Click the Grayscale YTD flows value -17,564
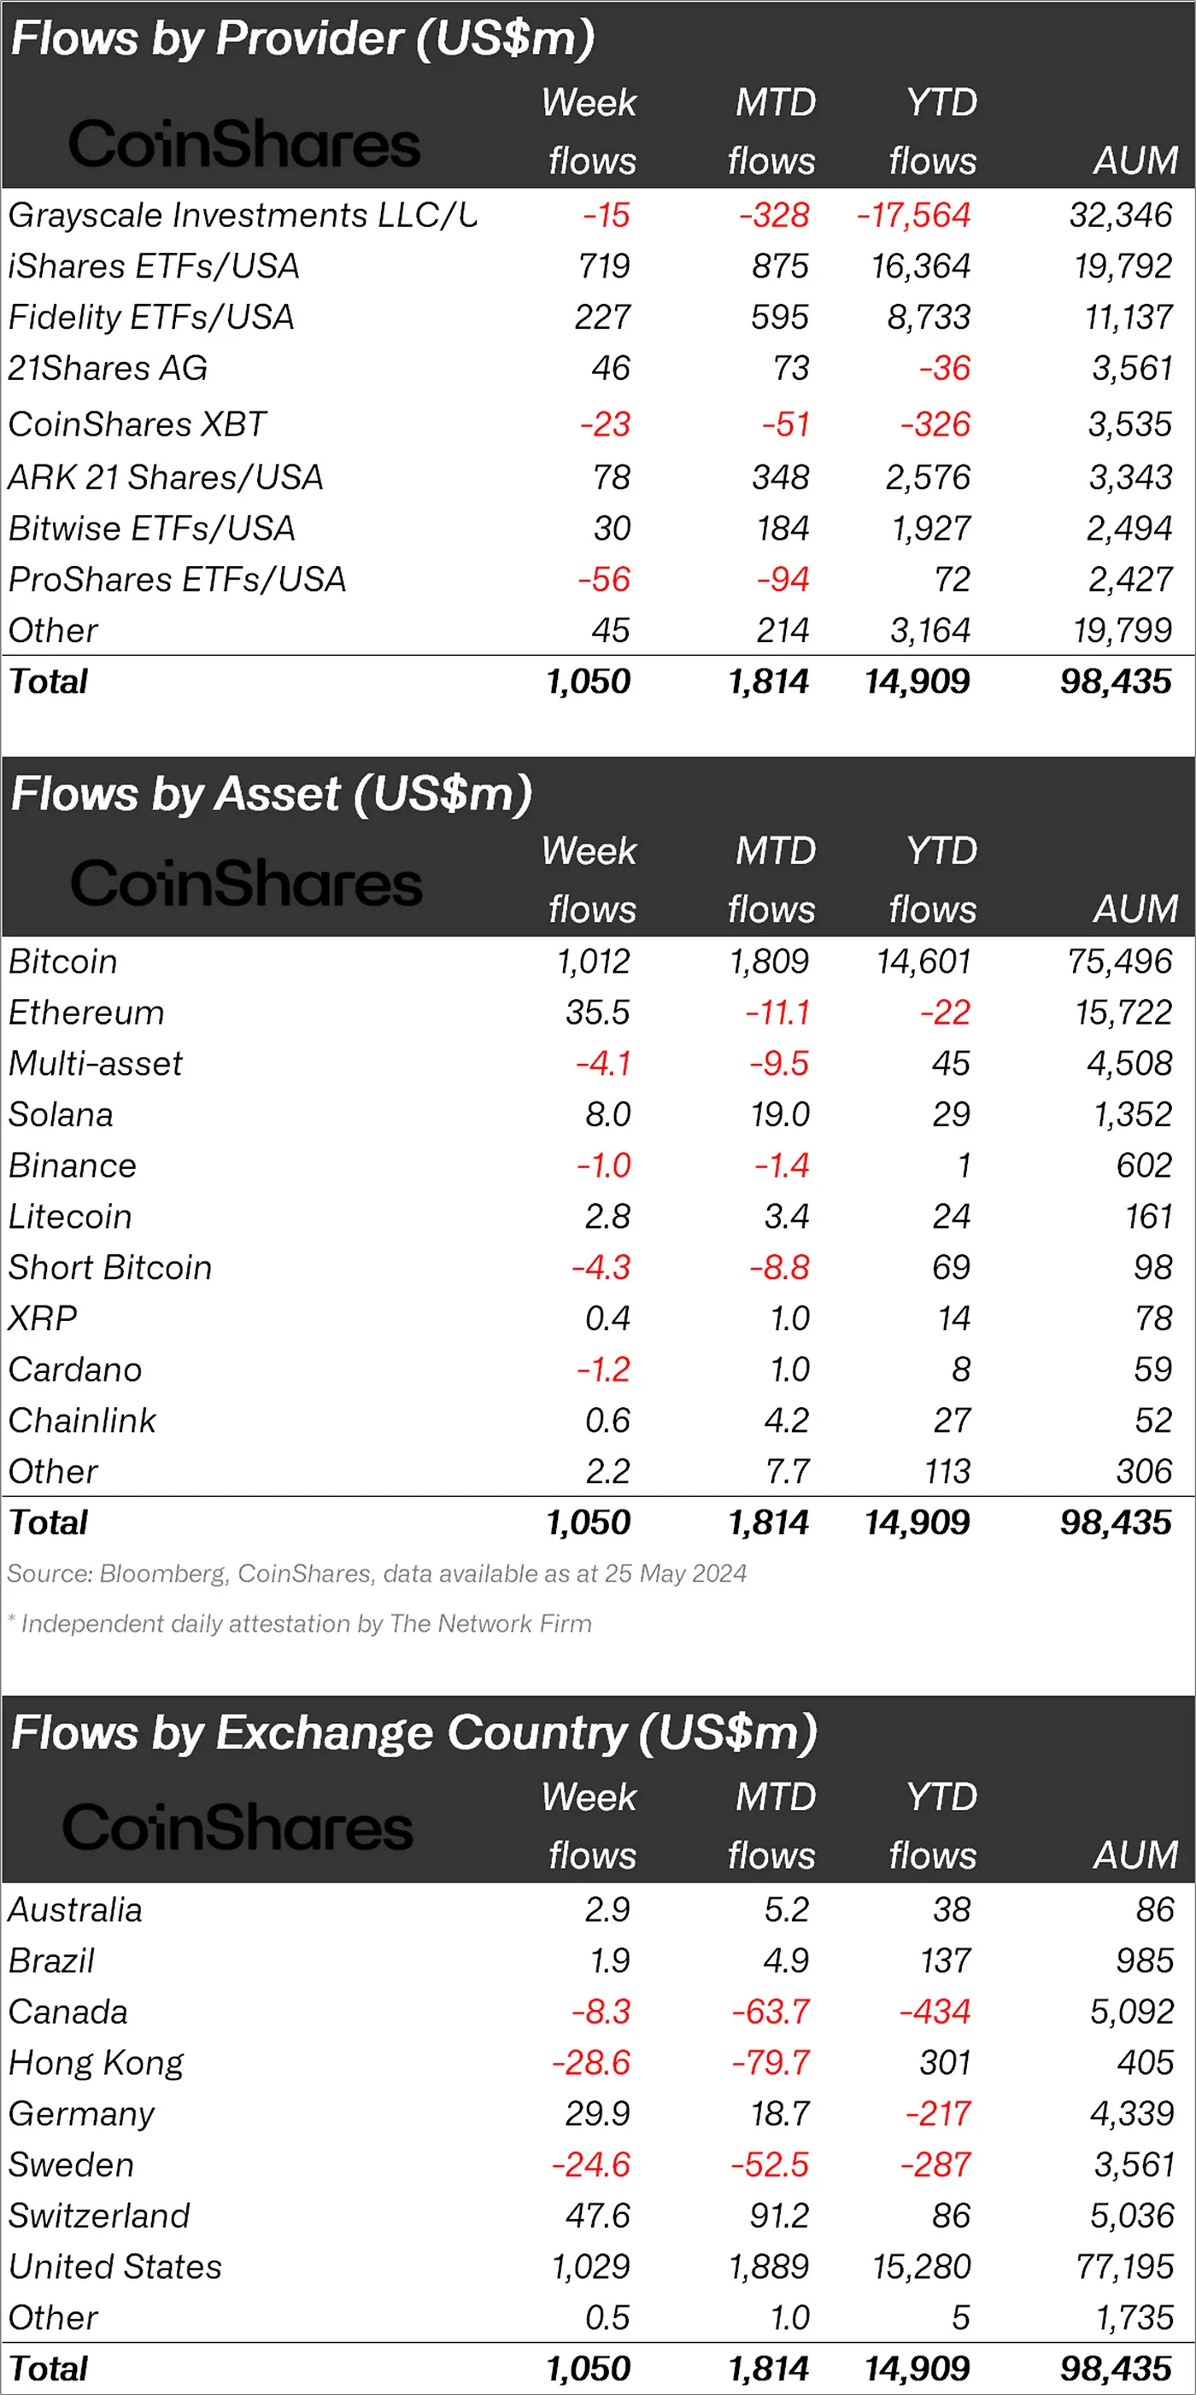coord(913,216)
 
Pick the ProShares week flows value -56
coord(604,580)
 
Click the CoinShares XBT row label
coord(138,425)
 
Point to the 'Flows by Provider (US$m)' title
coord(302,39)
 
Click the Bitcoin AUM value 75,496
coord(1120,961)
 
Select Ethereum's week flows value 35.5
coord(597,1013)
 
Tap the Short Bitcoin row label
coord(109,1268)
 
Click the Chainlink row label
coord(83,1421)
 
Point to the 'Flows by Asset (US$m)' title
coord(271,795)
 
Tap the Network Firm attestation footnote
coord(300,1624)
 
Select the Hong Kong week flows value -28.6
coord(590,2063)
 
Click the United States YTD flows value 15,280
coord(921,2267)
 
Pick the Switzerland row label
coord(98,2216)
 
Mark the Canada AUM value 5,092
coord(1131,2012)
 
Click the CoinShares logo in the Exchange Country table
coord(238,1828)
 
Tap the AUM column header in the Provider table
coord(1135,161)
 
